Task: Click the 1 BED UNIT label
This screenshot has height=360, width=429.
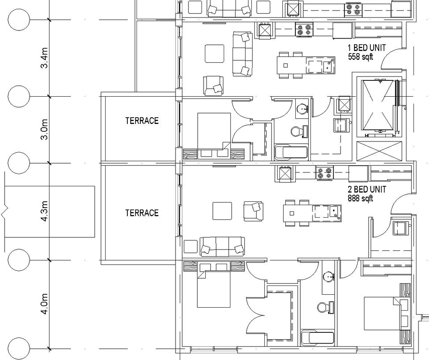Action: [367, 48]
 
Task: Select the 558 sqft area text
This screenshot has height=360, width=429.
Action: [360, 57]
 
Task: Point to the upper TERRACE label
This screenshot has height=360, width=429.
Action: [142, 121]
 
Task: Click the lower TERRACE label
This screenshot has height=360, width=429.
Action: [142, 213]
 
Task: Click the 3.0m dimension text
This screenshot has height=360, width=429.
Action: [44, 130]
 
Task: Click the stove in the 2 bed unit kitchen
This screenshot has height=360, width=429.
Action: [324, 172]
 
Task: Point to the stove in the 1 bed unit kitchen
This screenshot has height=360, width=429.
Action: [305, 30]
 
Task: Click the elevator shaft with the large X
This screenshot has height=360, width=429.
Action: [378, 105]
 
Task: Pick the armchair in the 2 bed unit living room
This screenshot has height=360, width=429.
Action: [253, 211]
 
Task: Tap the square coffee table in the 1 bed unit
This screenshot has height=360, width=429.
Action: [214, 54]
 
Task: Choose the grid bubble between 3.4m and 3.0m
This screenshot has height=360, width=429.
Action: [19, 97]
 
